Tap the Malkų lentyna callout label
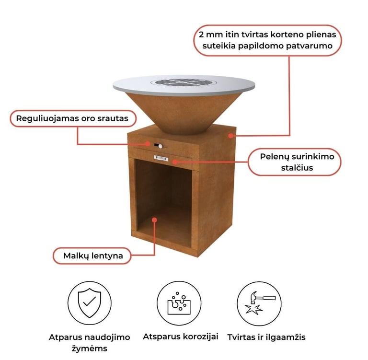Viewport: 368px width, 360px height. click(x=93, y=256)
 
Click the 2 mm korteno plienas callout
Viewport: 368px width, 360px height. click(x=268, y=41)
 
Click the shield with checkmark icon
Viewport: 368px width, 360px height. click(x=89, y=303)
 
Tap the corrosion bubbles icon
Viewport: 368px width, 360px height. click(x=179, y=303)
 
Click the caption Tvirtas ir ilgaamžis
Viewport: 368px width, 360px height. click(x=266, y=337)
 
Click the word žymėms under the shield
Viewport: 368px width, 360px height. click(x=90, y=349)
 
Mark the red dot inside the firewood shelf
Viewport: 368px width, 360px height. click(x=154, y=220)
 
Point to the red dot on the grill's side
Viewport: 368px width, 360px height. click(x=231, y=136)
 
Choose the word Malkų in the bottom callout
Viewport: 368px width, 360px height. click(x=76, y=256)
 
